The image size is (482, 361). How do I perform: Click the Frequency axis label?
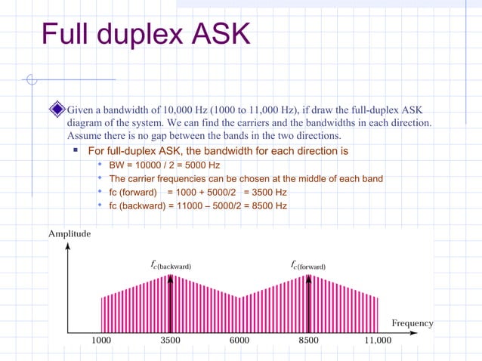412,323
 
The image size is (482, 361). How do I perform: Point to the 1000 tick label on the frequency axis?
101,341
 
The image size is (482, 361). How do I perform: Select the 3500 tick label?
170,341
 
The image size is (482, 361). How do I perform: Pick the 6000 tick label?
239,341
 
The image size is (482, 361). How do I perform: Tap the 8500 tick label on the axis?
308,341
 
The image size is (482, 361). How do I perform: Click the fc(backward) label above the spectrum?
171,266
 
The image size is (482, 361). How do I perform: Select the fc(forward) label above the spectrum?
308,266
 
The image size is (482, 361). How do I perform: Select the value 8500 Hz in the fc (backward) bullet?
270,205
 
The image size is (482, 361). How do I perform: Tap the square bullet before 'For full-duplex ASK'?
76,150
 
